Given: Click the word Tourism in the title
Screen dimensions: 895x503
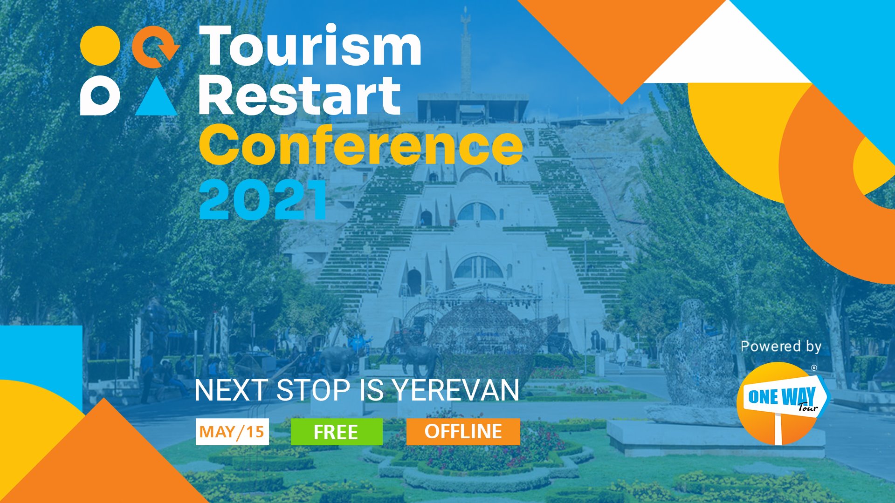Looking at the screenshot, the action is (310, 45).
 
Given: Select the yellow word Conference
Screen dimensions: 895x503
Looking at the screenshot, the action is (361, 145).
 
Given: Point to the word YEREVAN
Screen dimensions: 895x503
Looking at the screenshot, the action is (455, 390).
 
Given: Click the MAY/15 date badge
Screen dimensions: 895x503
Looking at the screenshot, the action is (232, 432).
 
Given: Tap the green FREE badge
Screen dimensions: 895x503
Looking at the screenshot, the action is (337, 432).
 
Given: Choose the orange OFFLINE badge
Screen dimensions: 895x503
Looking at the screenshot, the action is (463, 432).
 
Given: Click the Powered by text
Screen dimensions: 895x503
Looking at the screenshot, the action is (781, 347).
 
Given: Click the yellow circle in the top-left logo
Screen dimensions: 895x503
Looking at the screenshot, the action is (100, 46).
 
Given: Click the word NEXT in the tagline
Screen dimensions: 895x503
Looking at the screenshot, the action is (231, 390).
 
